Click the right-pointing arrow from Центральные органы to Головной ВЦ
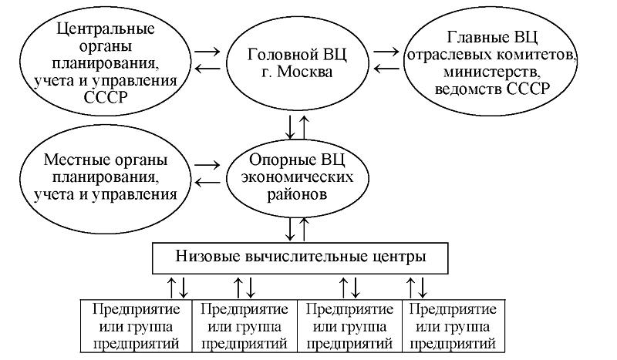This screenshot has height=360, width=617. [207, 52]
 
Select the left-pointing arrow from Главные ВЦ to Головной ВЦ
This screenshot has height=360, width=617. [387, 69]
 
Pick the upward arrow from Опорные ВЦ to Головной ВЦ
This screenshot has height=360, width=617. [305, 126]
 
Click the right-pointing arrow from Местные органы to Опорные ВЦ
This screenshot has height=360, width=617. [207, 164]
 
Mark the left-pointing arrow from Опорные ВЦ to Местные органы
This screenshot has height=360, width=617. [207, 182]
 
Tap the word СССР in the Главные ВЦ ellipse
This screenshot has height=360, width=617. [527, 89]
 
